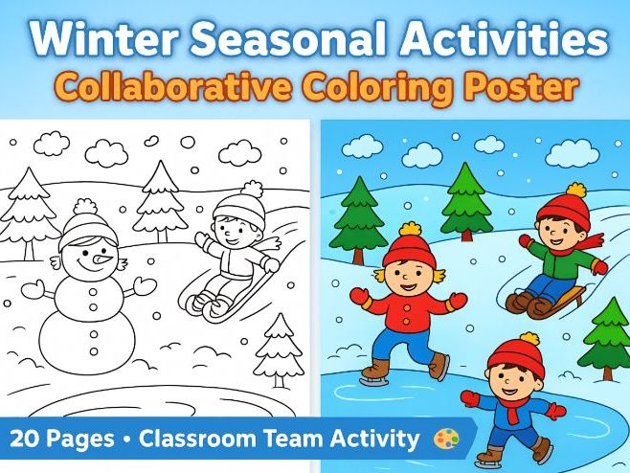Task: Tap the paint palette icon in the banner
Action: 447,439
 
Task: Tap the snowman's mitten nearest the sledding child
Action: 145,284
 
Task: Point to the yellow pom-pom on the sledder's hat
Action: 575,190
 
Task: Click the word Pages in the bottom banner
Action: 80,439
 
